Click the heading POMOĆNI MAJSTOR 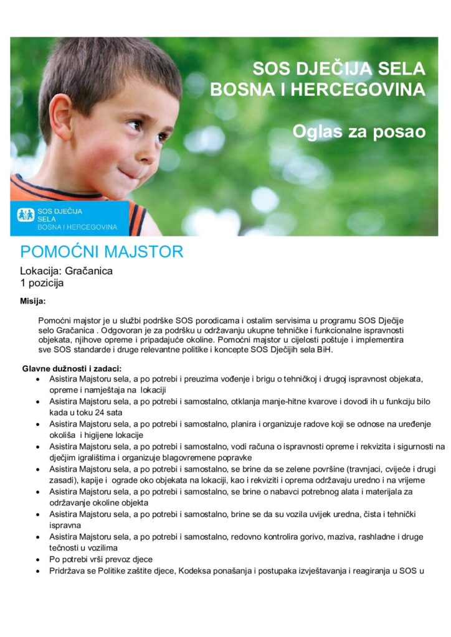102,252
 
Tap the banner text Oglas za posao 359,132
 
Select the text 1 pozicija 42,282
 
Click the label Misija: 33,302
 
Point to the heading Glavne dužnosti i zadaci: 72,368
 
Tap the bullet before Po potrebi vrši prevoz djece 39,559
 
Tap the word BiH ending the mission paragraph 325,350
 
